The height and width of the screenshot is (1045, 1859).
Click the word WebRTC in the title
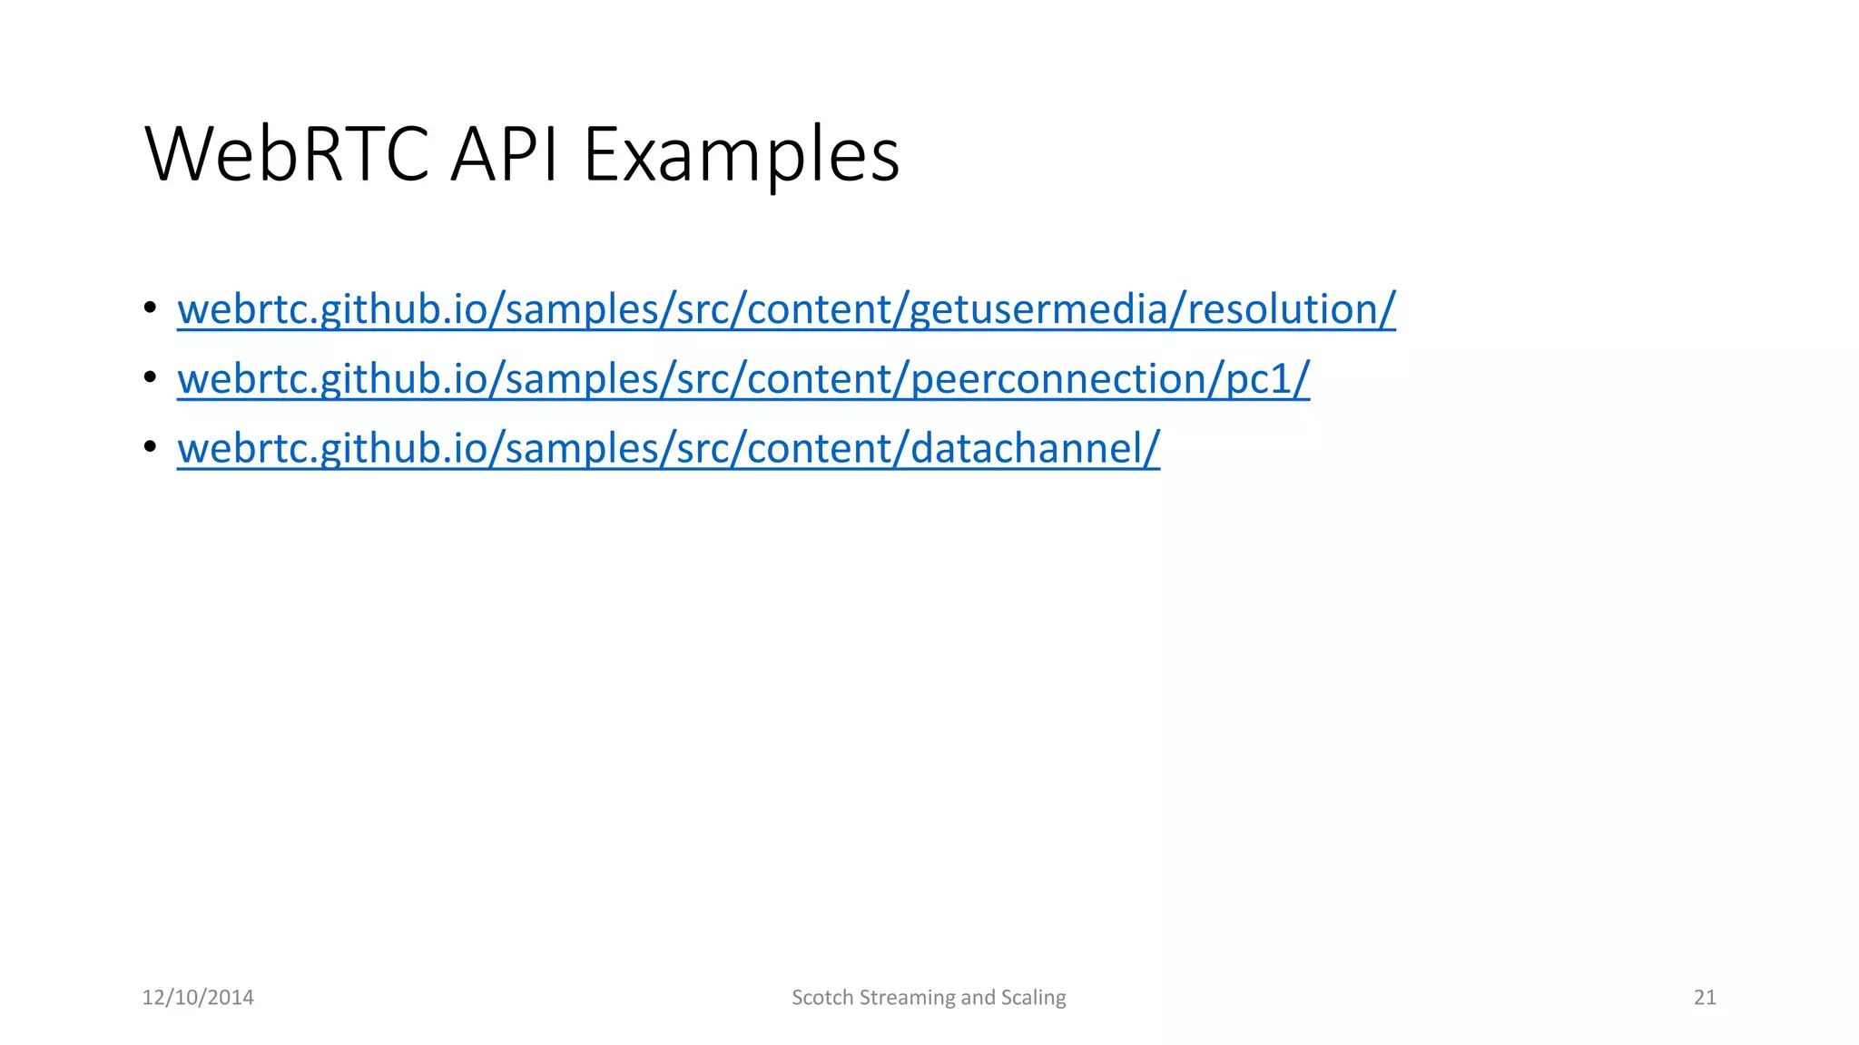[287, 154]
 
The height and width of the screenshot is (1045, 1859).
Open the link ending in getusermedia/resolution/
[786, 309]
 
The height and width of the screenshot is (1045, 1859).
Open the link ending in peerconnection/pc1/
[743, 379]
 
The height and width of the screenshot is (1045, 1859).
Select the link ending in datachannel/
[668, 449]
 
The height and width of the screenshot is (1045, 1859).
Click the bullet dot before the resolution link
[150, 308]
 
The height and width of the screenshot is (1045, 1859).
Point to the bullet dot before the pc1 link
[150, 377]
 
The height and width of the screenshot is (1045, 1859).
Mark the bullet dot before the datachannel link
[150, 447]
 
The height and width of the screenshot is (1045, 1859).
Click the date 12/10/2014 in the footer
[198, 998]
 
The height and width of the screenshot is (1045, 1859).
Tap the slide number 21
[1705, 998]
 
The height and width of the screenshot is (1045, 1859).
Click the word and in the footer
[978, 998]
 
